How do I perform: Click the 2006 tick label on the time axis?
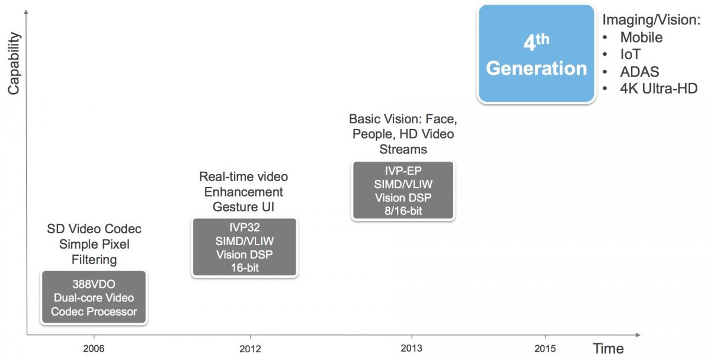pos(94,349)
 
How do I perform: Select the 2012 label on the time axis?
pos(250,349)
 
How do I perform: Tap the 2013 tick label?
pos(411,348)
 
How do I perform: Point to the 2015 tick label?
pos(545,349)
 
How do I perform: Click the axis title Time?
pos(608,349)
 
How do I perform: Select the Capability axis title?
pos(14,63)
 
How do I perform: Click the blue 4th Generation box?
pos(536,54)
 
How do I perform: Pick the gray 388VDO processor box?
pos(94,297)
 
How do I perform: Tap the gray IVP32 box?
pos(244,247)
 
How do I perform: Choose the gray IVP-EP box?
pos(403,190)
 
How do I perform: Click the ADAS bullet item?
pos(639,72)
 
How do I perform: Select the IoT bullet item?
pos(630,54)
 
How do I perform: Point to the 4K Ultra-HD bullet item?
pos(659,88)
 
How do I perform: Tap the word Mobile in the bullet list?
pos(642,37)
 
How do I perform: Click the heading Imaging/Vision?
pos(651,20)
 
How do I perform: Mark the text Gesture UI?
pos(244,207)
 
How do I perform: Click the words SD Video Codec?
pos(94,229)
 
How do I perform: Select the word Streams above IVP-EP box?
pos(403,149)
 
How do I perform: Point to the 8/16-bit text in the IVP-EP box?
pos(403,211)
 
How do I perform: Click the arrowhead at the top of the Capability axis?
pos(26,11)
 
